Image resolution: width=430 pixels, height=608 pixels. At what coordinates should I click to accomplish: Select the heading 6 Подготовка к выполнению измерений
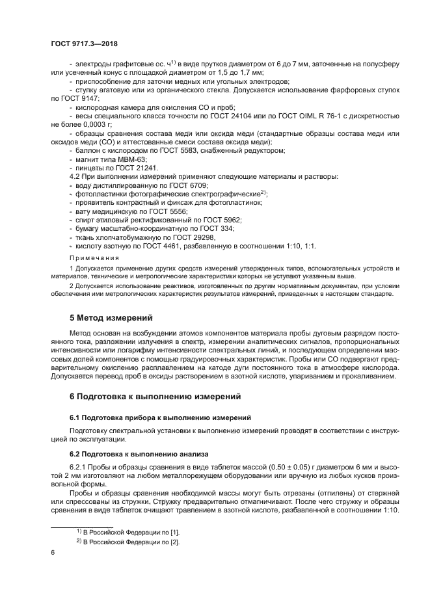click(x=146, y=395)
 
